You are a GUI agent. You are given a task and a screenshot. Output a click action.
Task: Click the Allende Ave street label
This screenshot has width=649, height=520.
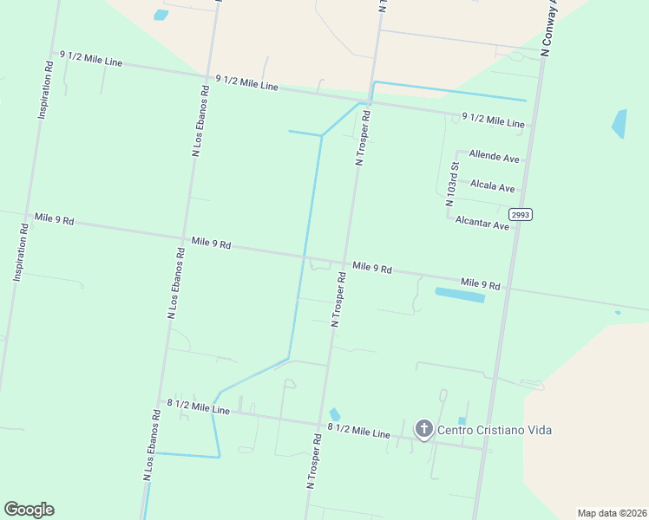click(494, 158)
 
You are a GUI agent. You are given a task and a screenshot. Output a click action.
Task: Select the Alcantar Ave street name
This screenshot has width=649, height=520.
click(482, 224)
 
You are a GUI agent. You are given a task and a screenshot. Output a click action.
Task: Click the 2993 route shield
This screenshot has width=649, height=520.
click(521, 214)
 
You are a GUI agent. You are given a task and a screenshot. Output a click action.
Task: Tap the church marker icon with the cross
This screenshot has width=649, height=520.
click(423, 428)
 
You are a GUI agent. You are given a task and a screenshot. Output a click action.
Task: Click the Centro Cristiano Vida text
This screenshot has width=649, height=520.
click(494, 430)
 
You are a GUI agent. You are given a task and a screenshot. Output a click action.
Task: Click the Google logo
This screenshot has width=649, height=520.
click(29, 510)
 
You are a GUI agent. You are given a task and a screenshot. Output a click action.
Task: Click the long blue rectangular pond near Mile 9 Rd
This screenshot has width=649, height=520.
click(459, 296)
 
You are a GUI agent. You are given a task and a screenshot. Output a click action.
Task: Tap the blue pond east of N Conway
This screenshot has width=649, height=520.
click(619, 123)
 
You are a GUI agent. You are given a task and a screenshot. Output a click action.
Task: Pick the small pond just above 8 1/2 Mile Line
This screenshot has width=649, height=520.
click(335, 414)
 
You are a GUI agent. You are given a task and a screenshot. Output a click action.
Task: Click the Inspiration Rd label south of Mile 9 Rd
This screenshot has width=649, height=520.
click(21, 252)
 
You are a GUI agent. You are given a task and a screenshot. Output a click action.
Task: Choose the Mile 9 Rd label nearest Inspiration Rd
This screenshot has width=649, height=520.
click(54, 219)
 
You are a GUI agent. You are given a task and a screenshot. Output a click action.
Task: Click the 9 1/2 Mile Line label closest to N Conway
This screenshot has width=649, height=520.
click(493, 120)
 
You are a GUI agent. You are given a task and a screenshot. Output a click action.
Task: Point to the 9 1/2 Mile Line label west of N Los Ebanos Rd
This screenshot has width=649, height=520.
click(90, 59)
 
